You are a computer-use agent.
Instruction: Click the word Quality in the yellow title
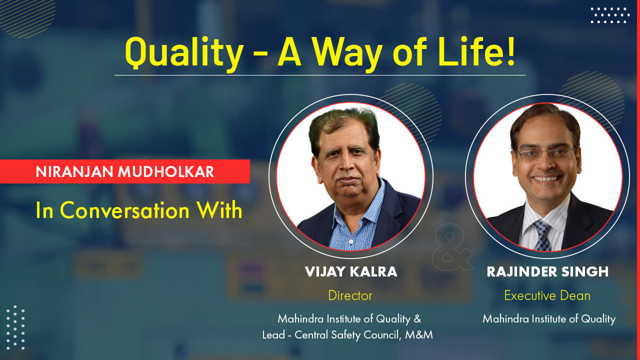[184, 53]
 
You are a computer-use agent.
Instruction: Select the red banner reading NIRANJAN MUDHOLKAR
[125, 171]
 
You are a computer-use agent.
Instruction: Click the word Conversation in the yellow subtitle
[124, 210]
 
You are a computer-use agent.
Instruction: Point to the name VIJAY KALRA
[351, 271]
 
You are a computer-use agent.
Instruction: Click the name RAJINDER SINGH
[547, 271]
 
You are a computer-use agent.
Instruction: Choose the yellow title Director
[350, 295]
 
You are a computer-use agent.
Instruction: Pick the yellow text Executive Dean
[547, 295]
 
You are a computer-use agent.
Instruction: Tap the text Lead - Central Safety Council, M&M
[347, 335]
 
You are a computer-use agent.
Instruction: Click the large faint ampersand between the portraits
[452, 247]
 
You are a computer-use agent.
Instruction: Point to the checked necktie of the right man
[542, 235]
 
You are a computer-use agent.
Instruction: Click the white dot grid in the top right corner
[610, 15]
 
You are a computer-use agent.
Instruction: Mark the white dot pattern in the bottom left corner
[15, 327]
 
